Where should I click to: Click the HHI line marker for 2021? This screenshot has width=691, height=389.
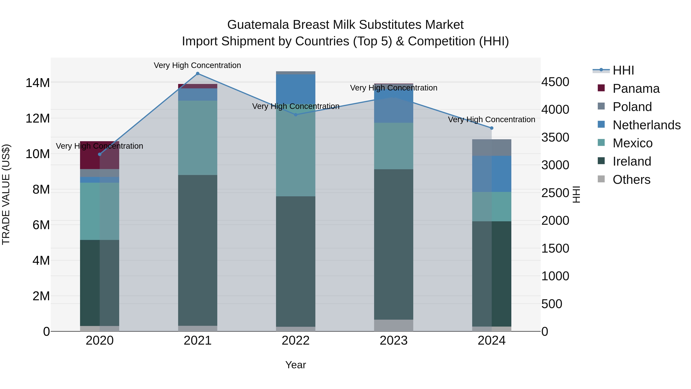tap(198, 74)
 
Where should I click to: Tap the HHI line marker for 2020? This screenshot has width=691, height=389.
tap(100, 154)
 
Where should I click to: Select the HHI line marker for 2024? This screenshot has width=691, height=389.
tap(492, 128)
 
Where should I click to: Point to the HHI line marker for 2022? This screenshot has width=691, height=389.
tap(296, 115)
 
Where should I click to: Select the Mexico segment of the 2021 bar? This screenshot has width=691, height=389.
tap(198, 138)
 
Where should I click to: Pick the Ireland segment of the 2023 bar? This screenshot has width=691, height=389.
tap(393, 244)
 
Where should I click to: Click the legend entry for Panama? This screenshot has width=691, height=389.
tap(636, 89)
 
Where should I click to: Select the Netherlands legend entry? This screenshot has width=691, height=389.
tap(646, 125)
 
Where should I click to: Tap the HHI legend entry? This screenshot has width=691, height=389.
tap(623, 70)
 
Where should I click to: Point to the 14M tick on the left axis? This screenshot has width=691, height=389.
tap(38, 83)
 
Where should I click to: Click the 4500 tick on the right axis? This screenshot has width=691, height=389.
tap(555, 82)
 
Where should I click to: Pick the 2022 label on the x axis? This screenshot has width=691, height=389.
tap(296, 341)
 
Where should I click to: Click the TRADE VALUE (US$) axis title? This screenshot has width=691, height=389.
tap(6, 194)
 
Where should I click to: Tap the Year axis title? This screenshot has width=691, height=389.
tap(296, 365)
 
